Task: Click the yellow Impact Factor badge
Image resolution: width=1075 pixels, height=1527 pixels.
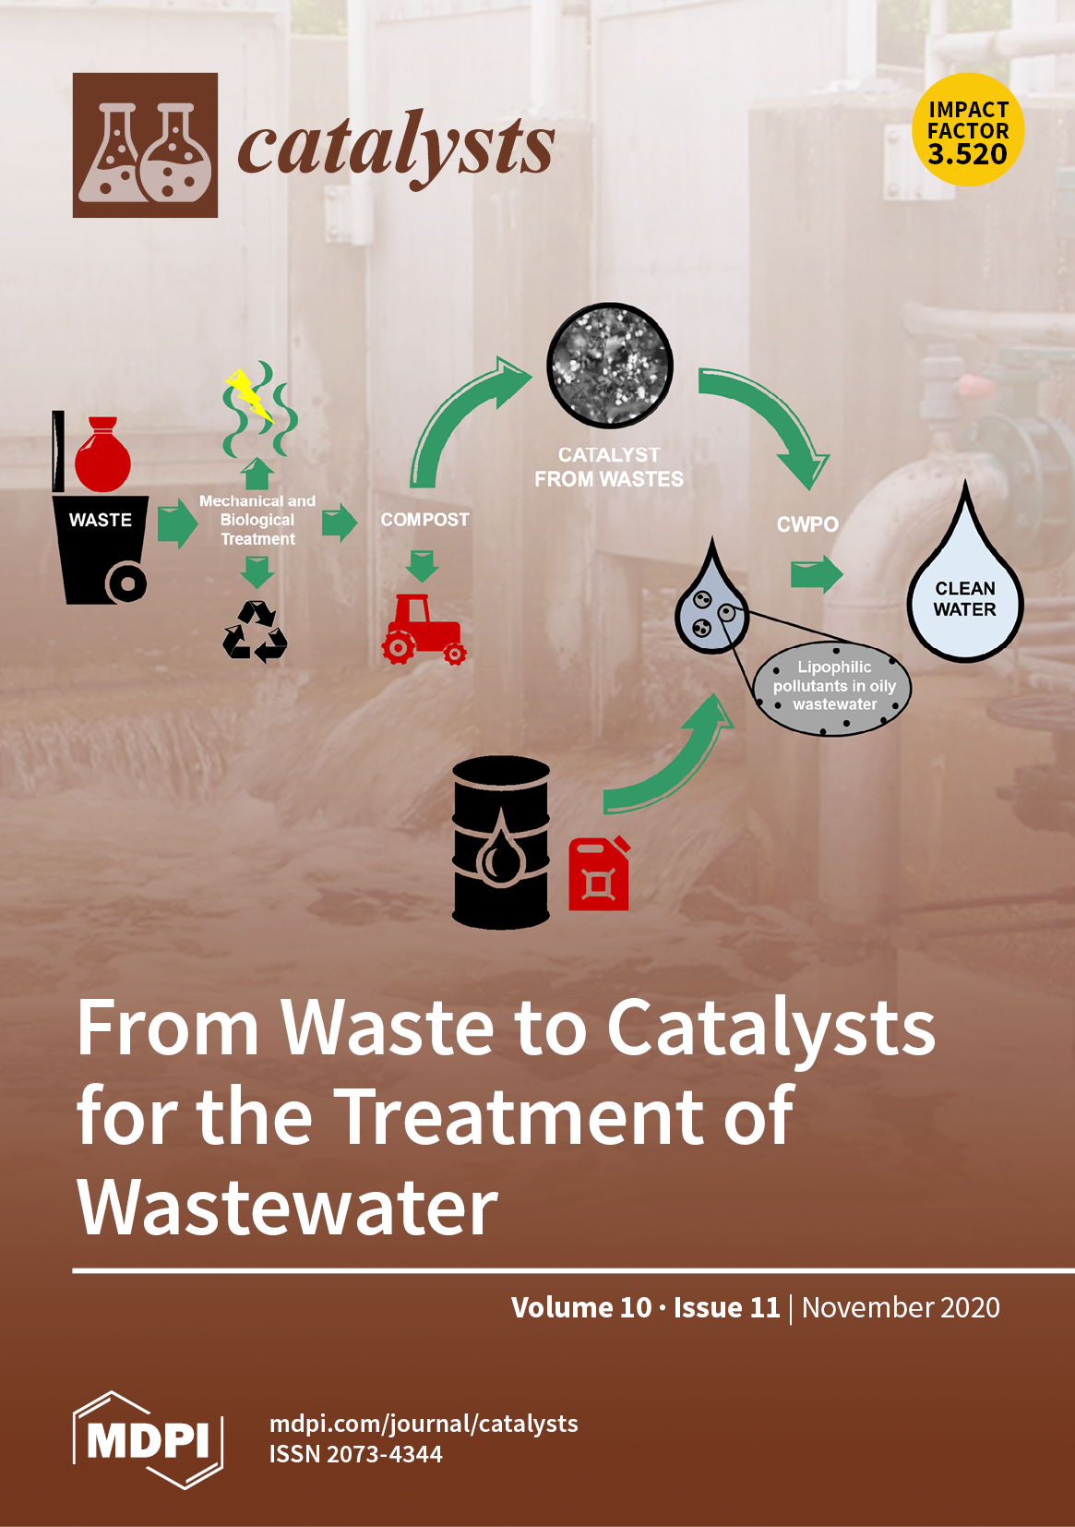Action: [x=968, y=130]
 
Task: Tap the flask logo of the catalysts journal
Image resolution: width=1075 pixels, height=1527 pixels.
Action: [x=145, y=146]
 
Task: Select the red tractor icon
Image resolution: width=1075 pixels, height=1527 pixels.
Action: [x=424, y=630]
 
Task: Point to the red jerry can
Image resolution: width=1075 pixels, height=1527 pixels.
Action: [x=599, y=874]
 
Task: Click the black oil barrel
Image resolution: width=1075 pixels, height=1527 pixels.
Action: [x=501, y=842]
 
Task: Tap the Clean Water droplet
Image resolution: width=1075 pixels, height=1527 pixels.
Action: [x=964, y=591]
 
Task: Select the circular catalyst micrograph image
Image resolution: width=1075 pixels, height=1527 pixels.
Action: [x=610, y=366]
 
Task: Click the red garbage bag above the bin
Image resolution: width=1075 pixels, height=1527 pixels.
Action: [x=102, y=456]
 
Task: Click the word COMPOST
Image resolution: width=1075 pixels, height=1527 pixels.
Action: [x=424, y=520]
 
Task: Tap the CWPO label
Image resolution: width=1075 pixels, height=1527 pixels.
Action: [x=807, y=524]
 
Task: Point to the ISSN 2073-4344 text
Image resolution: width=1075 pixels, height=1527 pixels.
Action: [x=355, y=1454]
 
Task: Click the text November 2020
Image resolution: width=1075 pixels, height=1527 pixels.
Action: [x=901, y=1307]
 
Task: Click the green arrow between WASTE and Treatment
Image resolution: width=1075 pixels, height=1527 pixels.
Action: [x=176, y=523]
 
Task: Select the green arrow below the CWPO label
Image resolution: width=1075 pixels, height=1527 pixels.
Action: [x=817, y=574]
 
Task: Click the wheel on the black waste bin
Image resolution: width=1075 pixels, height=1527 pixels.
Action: [x=126, y=583]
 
